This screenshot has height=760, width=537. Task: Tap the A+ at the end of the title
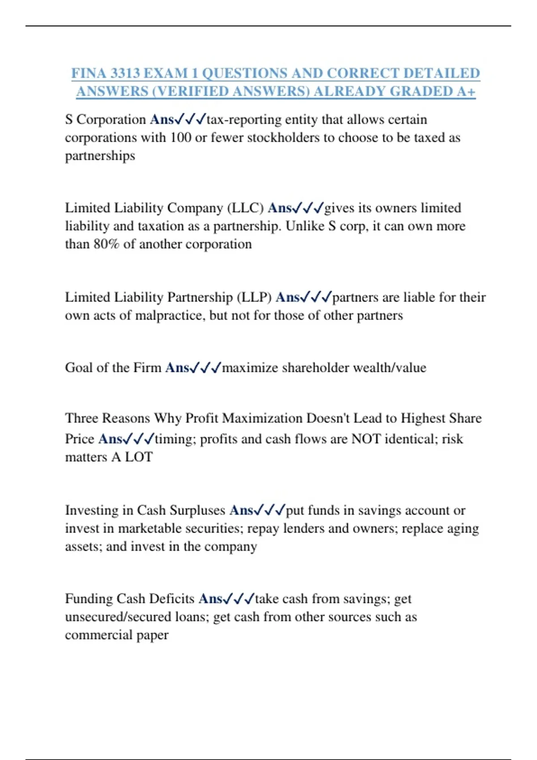[x=466, y=91]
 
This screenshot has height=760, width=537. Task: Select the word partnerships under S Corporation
[x=100, y=156]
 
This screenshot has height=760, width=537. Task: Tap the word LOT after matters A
[x=139, y=457]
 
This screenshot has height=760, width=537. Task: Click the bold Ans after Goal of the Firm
[x=177, y=368]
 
